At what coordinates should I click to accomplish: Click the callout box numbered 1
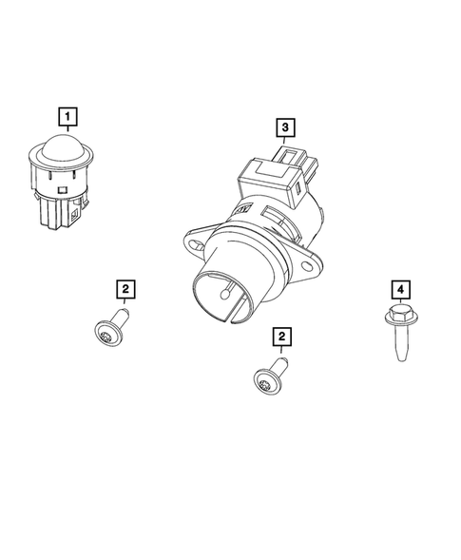pyautogui.click(x=68, y=118)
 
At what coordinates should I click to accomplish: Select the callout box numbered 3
pyautogui.click(x=284, y=126)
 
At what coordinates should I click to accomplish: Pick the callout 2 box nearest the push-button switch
pyautogui.click(x=125, y=287)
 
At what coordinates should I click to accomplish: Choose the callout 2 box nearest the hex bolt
pyautogui.click(x=282, y=336)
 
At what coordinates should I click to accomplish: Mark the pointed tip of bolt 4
pyautogui.click(x=401, y=359)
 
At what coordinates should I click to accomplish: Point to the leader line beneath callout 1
pyautogui.click(x=68, y=132)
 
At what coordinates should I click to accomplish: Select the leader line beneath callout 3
pyautogui.click(x=284, y=139)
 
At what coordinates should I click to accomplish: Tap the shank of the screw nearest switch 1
pyautogui.click(x=121, y=315)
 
